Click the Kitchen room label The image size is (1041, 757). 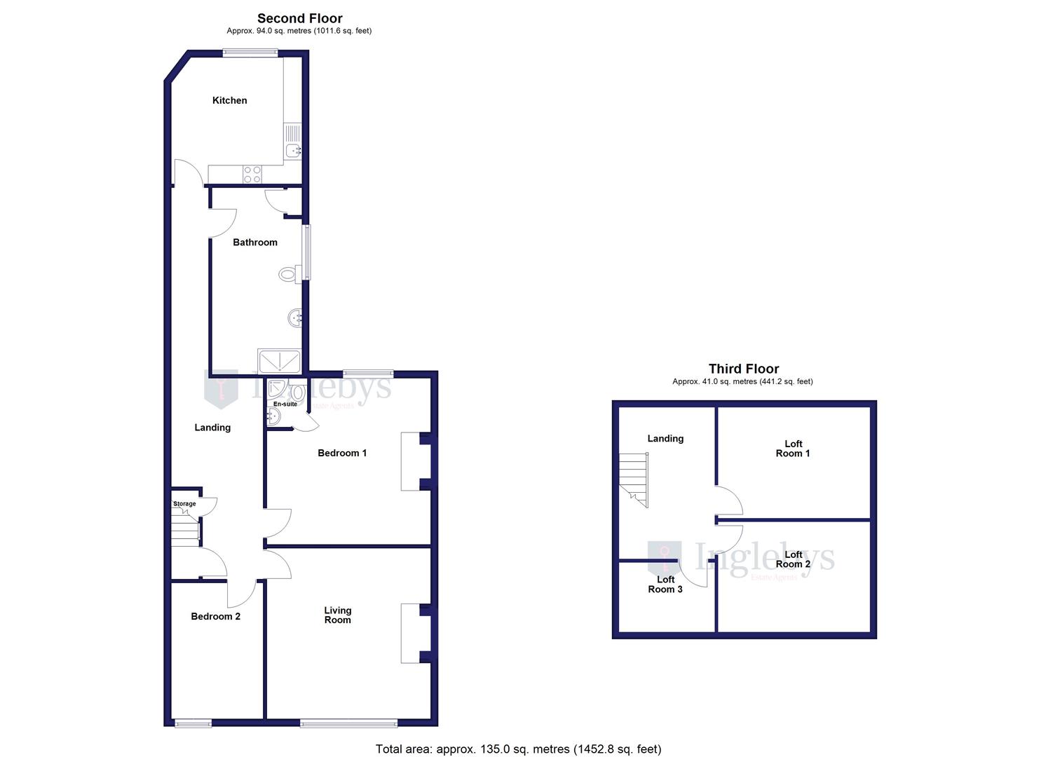tap(229, 100)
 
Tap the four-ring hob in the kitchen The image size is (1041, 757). tap(252, 174)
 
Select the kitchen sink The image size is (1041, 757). tap(293, 149)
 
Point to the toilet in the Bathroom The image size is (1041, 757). tap(289, 274)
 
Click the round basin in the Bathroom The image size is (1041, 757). tap(295, 318)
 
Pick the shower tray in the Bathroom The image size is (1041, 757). tap(279, 361)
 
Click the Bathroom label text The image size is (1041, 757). tap(254, 243)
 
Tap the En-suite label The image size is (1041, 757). tap(285, 404)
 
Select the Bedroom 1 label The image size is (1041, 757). tap(342, 453)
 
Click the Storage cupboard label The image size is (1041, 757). tap(184, 504)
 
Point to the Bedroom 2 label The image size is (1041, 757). tap(215, 616)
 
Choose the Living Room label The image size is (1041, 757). tap(337, 615)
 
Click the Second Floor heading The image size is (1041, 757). tap(299, 18)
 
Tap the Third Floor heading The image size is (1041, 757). tap(743, 369)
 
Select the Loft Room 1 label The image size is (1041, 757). tap(793, 449)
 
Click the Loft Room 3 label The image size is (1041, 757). tap(665, 584)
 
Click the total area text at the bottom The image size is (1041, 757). tap(518, 749)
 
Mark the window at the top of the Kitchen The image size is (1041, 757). tap(250, 52)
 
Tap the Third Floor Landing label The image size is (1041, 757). tap(665, 438)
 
